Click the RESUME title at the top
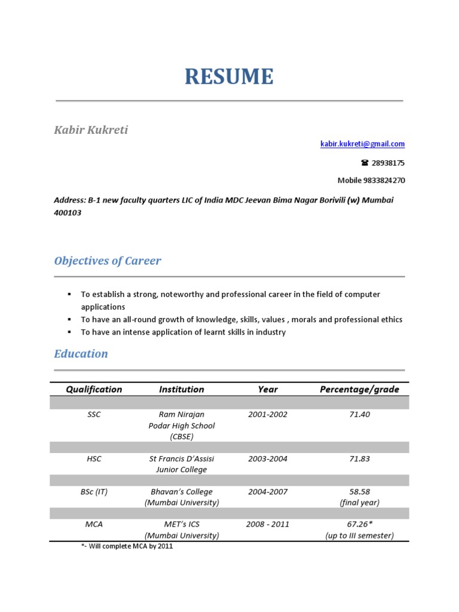coord(229,77)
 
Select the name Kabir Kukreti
coord(91,130)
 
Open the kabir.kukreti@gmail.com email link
coord(363,144)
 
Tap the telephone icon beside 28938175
coord(364,163)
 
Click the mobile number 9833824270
coord(385,180)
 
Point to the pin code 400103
coord(68,213)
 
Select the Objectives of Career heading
coord(108,261)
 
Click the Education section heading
coord(81,354)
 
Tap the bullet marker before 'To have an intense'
coord(69,332)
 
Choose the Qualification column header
coord(94,389)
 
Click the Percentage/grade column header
coord(359,389)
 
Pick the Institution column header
coord(181,389)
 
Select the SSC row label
coord(94,415)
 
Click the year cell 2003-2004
coord(267,459)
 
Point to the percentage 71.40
coord(359,415)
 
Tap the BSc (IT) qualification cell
coord(94,492)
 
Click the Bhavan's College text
coord(181,492)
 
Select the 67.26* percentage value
coord(359,524)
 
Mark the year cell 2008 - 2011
coord(267,524)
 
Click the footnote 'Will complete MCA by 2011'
coord(129,546)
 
